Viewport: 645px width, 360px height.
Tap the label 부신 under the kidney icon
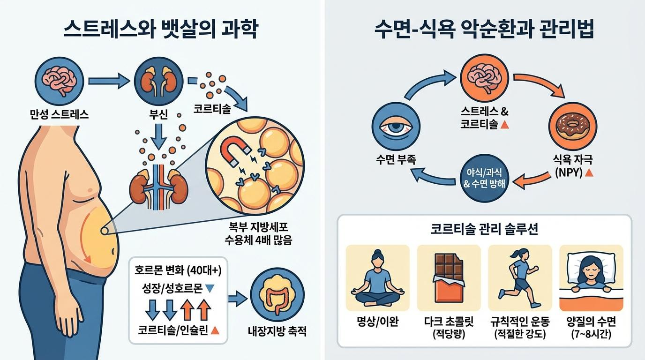[x=155, y=114]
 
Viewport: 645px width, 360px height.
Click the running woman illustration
[x=520, y=277]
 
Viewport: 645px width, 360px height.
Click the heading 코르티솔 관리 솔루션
[x=484, y=230]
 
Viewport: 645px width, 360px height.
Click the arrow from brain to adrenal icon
[x=110, y=81]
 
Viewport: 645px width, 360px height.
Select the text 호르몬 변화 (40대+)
[x=178, y=270]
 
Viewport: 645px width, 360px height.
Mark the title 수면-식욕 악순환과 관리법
[x=484, y=30]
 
